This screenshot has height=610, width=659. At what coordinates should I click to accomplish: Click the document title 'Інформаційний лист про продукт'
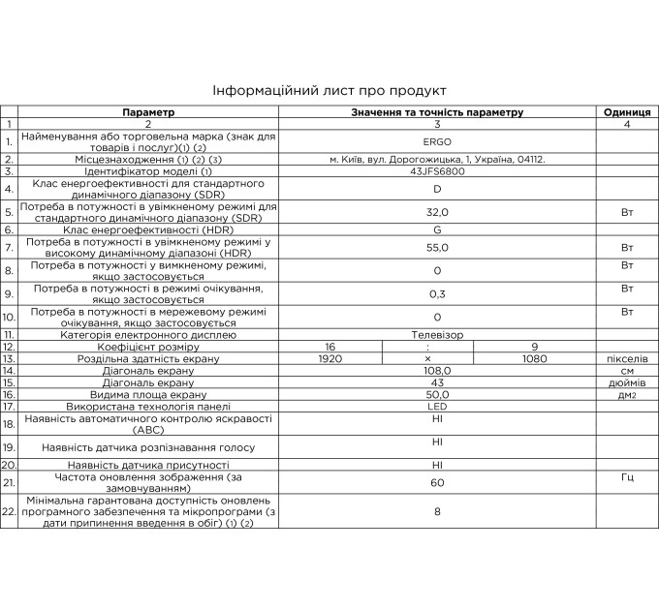[x=329, y=90]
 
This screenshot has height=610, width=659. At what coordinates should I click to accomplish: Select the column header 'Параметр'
[x=149, y=112]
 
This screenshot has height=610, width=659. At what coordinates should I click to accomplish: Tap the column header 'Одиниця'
[x=626, y=112]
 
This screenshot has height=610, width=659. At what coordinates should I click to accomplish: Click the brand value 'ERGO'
[x=437, y=141]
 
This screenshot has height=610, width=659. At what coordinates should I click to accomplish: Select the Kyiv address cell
[x=437, y=159]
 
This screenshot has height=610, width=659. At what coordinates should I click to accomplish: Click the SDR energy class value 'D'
[x=437, y=189]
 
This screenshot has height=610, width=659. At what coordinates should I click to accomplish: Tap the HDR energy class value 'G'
[x=437, y=229]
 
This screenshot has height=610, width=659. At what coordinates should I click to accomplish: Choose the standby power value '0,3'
[x=437, y=293]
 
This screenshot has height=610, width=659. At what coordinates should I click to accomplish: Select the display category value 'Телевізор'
[x=437, y=334]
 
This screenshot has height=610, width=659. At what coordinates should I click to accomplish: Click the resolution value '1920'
[x=329, y=358]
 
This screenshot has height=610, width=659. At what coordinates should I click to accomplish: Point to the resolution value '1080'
[x=534, y=358]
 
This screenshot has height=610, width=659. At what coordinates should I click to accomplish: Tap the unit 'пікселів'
[x=626, y=358]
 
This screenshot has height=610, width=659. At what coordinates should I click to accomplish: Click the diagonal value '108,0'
[x=437, y=370]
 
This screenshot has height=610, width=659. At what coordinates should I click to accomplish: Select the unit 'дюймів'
[x=626, y=382]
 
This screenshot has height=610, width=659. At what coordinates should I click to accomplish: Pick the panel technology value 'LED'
[x=437, y=407]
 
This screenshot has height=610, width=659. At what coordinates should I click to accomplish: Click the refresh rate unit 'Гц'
[x=626, y=479]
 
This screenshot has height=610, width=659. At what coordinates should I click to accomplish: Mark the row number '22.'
[x=10, y=509]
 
